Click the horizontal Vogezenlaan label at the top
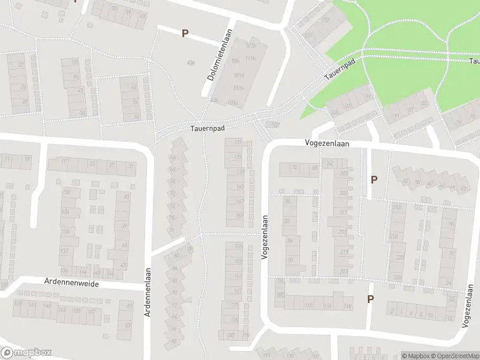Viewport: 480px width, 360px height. tap(327, 144)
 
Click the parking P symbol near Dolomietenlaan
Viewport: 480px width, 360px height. tap(185, 34)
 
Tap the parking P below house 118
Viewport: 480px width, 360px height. tap(370, 299)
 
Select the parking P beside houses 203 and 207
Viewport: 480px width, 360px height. tap(374, 179)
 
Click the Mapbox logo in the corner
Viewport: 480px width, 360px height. tap(27, 352)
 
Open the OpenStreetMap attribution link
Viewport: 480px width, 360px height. tap(453, 356)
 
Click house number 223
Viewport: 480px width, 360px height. tap(344, 271)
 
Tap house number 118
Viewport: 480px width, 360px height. tap(347, 306)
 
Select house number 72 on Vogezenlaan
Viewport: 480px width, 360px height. tap(295, 167)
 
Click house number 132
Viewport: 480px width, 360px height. tap(65, 251)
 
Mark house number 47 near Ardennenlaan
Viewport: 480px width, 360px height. tap(124, 265)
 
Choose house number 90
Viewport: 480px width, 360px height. tap(290, 260)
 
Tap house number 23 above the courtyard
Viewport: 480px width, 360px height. tap(92, 164)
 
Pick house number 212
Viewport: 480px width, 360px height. tap(397, 207)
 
